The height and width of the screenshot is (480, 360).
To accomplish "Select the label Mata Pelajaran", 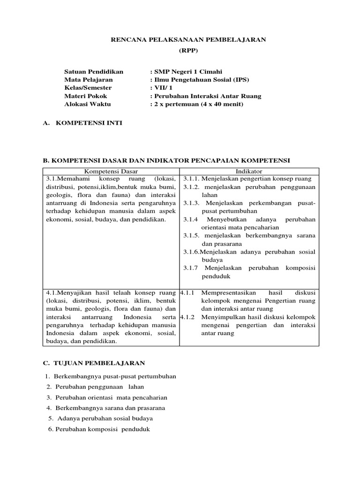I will coord(89,80).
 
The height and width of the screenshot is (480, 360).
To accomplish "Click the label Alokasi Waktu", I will coord(88,104).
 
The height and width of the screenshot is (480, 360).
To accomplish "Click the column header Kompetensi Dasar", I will coord(111,172).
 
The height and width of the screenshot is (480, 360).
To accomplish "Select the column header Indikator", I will coord(249,172).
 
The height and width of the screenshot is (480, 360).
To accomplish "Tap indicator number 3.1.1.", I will coord(191,179).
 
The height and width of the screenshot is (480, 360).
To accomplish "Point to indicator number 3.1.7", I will coord(190,268).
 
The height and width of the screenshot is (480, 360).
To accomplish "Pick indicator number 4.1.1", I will coord(187,292).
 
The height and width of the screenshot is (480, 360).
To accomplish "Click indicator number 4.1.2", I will coord(187,317).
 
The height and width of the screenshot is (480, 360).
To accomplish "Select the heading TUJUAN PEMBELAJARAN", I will coord(100,363).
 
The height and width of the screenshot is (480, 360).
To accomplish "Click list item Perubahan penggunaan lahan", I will coord(100,387).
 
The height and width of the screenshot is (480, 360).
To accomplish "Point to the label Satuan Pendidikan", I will coord(94,71).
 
